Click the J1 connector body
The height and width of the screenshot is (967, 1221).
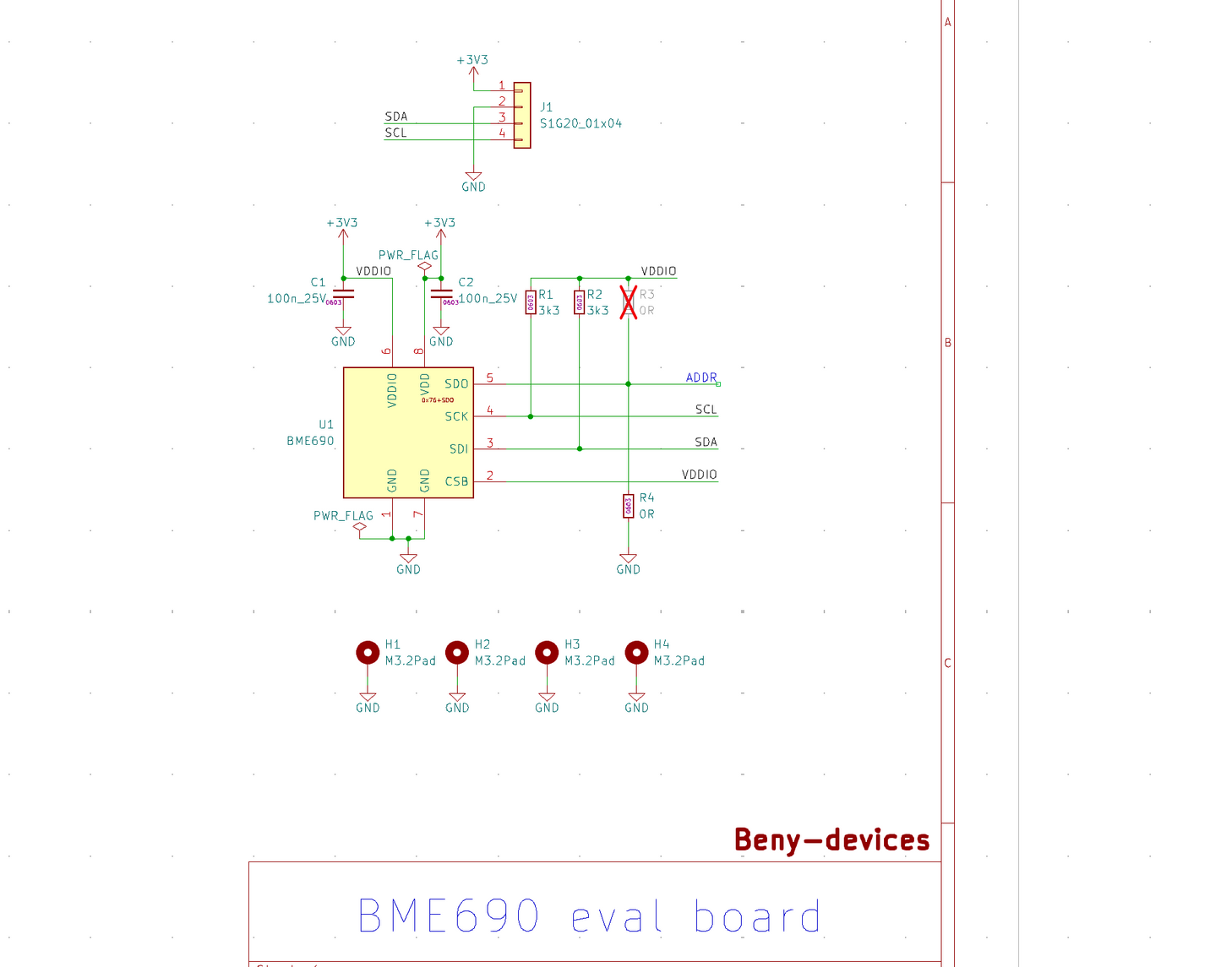click(x=522, y=115)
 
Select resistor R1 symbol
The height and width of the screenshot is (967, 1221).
click(x=531, y=302)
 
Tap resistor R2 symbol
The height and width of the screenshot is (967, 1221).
click(x=579, y=302)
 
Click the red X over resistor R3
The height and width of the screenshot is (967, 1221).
click(x=628, y=302)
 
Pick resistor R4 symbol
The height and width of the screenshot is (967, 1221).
click(x=628, y=506)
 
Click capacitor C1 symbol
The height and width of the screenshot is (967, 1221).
click(x=343, y=294)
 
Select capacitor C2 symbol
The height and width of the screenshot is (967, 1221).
click(x=441, y=294)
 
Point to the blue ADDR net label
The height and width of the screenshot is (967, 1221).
click(x=701, y=378)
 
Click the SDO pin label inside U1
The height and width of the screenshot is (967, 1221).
click(x=456, y=384)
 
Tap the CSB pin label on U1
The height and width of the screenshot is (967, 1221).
click(x=456, y=481)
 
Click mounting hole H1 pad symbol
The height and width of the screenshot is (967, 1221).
click(x=368, y=652)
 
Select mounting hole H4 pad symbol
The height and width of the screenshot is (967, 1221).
click(x=636, y=652)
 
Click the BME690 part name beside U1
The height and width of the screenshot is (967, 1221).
click(x=310, y=441)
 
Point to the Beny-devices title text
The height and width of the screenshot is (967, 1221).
click(x=831, y=840)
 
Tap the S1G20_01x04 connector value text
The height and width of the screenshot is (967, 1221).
click(x=581, y=123)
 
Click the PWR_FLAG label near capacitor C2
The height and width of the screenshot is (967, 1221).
click(x=408, y=255)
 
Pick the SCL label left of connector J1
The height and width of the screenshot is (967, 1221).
click(x=395, y=133)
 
